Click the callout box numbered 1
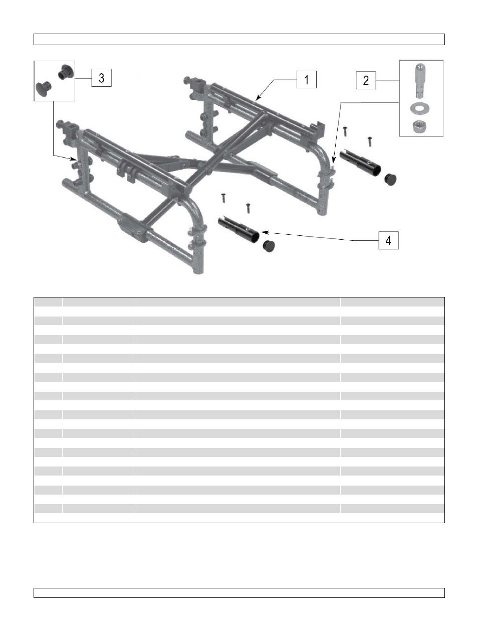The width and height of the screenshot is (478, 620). tap(306, 79)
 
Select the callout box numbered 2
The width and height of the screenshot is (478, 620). tap(366, 80)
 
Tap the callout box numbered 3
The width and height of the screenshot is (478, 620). tap(101, 78)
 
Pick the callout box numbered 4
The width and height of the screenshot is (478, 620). tap(388, 240)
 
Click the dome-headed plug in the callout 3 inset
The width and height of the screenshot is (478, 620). tap(43, 89)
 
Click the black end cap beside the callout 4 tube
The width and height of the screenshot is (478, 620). tap(270, 246)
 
